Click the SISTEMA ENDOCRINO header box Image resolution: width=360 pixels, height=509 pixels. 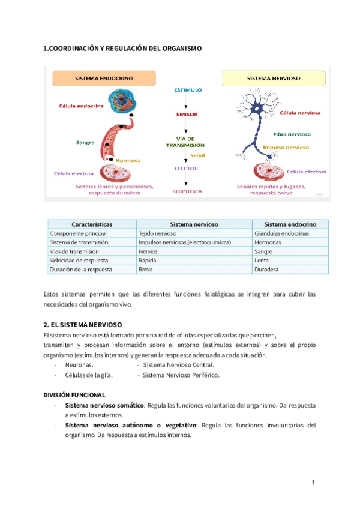point(104,79)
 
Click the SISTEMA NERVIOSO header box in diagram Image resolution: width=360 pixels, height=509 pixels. point(274,79)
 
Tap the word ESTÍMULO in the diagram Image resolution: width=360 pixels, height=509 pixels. point(187,90)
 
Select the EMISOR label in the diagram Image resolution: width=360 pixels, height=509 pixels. point(187,114)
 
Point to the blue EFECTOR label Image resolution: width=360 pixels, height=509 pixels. point(186,169)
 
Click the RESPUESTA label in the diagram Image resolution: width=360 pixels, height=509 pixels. point(187,191)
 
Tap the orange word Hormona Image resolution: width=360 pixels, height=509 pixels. point(128,160)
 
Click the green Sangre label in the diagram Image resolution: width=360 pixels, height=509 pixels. point(85,142)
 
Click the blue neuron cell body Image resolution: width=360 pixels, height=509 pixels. point(245,110)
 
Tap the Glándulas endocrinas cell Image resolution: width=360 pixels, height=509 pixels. point(281,233)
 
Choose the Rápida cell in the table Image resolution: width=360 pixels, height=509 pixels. point(146,261)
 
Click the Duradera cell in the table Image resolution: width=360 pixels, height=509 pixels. point(268,270)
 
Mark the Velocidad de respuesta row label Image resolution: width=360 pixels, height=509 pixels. point(79,261)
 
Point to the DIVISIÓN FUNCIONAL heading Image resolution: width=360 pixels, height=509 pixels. point(74,395)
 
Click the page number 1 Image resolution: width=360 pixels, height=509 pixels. point(313,483)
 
